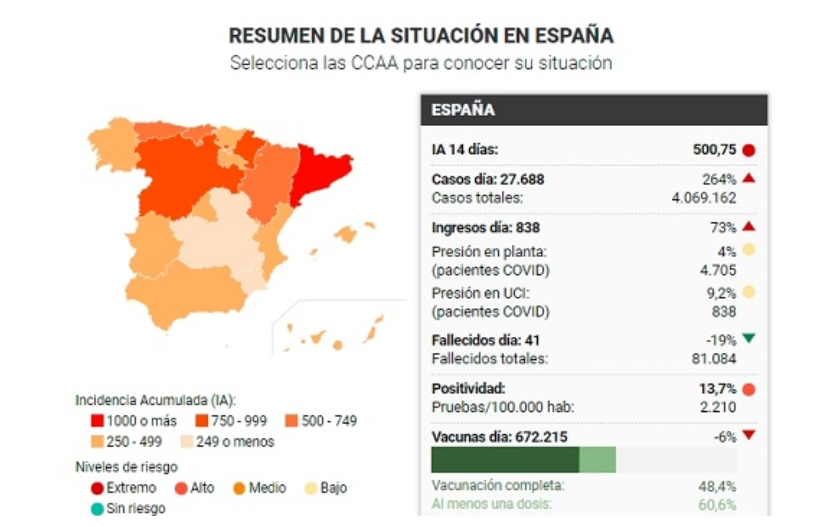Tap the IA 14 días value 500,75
tap(714, 150)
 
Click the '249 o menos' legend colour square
tap(187, 442)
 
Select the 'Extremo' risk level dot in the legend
tap(97, 488)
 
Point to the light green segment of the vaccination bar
tap(597, 460)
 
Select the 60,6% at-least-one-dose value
tap(717, 505)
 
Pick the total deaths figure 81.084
tap(714, 359)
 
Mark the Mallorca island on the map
tap(346, 234)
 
